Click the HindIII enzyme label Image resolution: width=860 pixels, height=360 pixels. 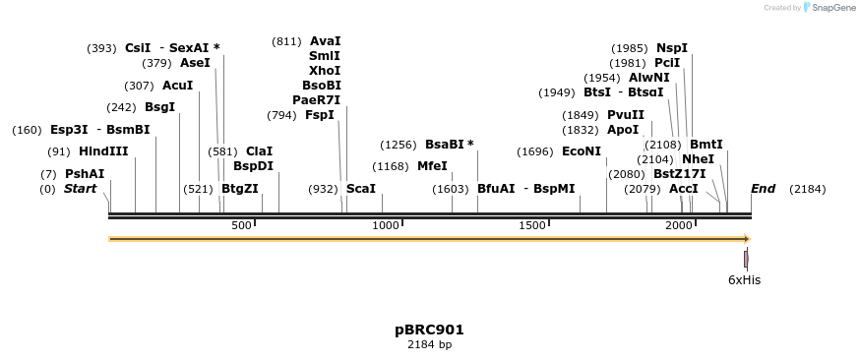[103, 151]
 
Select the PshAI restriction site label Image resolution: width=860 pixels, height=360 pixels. [85, 174]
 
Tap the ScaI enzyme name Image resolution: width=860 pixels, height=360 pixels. [361, 188]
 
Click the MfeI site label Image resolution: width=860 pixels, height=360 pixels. [432, 165]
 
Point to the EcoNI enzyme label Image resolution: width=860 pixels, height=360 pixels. [581, 151]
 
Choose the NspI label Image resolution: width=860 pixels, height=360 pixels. [672, 48]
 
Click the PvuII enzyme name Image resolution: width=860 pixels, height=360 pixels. [625, 115]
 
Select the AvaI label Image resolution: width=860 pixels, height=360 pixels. [325, 41]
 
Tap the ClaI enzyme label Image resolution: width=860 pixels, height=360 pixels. [259, 151]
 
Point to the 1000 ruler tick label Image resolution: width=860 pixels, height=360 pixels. [386, 226]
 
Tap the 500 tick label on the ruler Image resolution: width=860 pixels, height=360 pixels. [242, 226]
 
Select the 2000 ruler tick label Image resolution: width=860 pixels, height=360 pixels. [678, 226]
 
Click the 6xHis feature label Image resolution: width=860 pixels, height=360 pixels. [744, 280]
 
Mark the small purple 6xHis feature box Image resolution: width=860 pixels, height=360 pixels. [746, 259]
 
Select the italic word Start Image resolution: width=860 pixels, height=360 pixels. [81, 188]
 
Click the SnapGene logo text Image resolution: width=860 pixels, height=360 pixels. [832, 8]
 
